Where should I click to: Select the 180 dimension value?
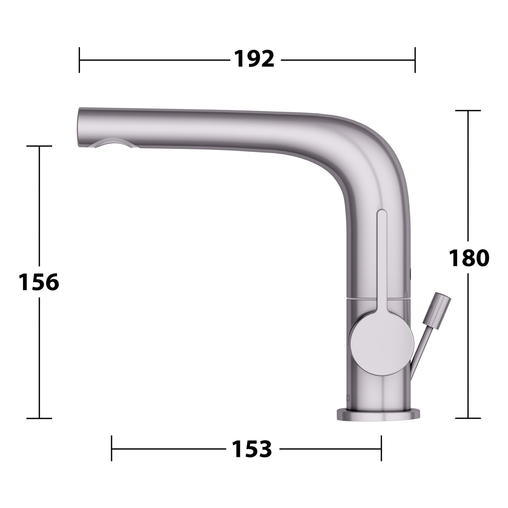point(469,258)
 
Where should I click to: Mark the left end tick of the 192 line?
point(79,60)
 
